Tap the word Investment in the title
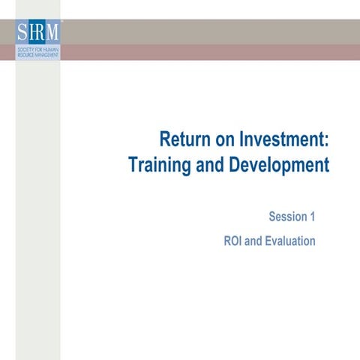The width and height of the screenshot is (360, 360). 282,140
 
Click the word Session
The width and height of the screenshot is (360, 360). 286,217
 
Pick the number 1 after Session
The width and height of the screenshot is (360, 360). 311,217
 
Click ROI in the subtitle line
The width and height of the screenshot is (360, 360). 234,241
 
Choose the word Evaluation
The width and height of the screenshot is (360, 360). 289,241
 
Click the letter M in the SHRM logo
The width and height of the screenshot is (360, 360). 52,33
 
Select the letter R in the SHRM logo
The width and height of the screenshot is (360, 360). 41,33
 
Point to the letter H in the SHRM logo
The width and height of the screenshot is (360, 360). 32,33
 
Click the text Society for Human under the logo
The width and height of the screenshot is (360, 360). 37,49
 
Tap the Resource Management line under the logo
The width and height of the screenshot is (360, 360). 37,55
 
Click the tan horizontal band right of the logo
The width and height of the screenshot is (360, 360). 210,31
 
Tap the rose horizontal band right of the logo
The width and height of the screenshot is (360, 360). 210,52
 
